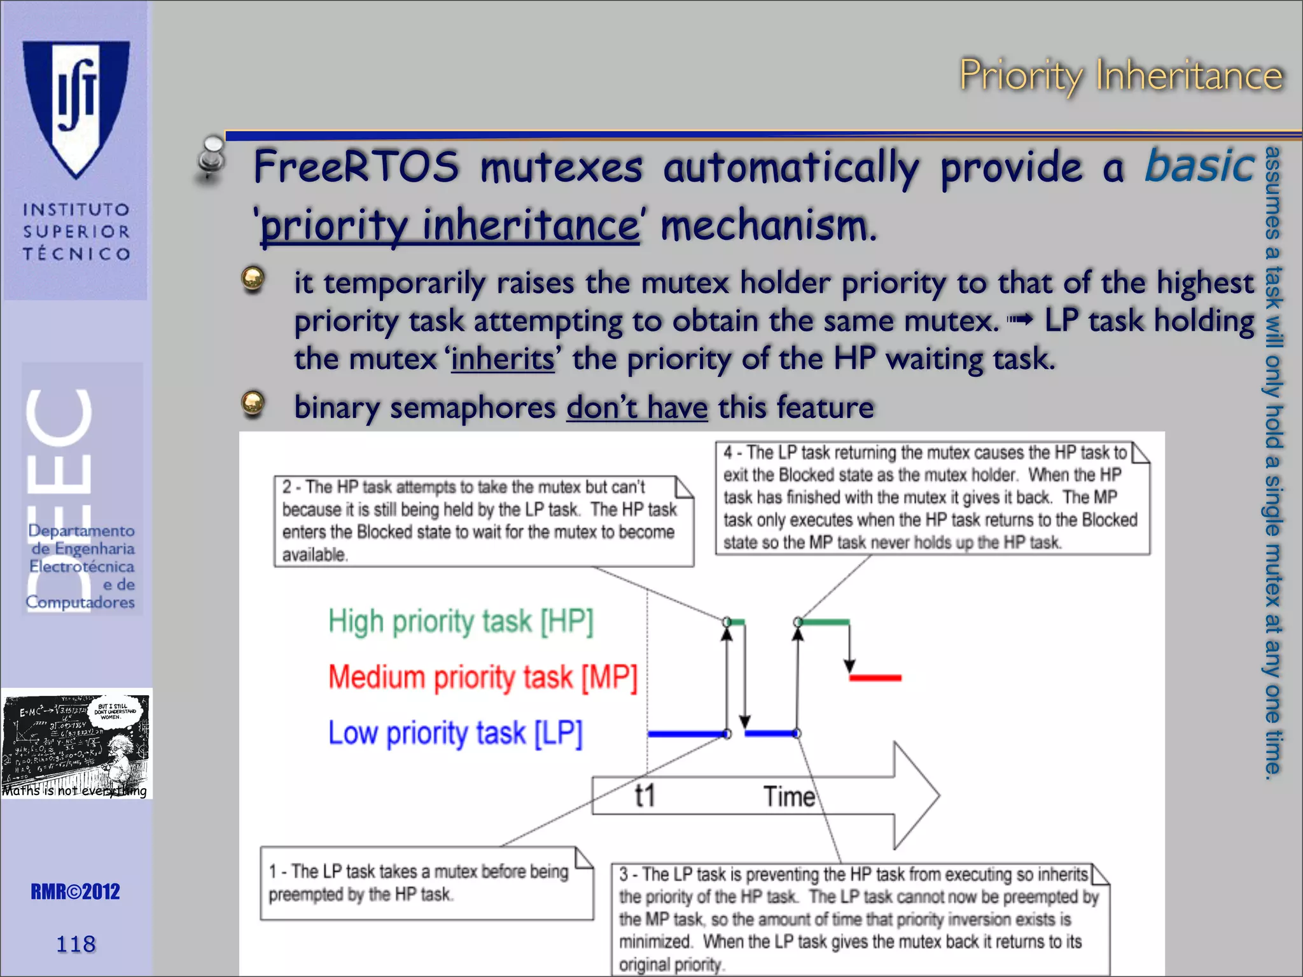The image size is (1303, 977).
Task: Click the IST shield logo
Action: coord(76,108)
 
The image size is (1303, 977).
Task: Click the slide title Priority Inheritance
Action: coord(1120,76)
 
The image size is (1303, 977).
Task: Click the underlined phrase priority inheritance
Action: coord(450,226)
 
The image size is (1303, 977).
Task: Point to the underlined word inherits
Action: coord(503,359)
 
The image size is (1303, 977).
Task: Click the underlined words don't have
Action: coord(637,408)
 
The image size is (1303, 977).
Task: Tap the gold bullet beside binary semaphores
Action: coord(253,403)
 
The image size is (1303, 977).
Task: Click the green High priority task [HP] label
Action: coord(461,621)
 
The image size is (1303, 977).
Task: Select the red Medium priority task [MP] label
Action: coord(482,677)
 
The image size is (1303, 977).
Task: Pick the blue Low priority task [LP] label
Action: coord(455,733)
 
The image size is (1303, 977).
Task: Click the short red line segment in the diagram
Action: coord(875,678)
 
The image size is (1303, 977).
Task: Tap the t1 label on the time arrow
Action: coord(645,796)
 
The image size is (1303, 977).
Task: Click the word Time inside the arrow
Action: coord(789,796)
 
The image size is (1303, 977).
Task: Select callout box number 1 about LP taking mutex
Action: coord(426,883)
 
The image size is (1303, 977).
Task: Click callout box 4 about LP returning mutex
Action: coord(932,498)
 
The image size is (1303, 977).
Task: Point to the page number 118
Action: coord(76,944)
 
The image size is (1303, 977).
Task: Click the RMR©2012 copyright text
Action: coord(75,892)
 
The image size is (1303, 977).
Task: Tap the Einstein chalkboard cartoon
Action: coord(76,743)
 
